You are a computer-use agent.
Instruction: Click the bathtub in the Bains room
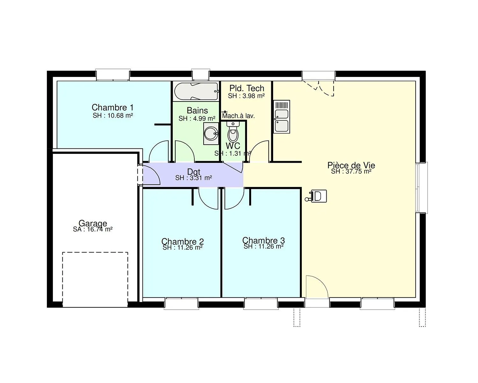(196, 92)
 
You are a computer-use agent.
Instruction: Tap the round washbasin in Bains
(211, 133)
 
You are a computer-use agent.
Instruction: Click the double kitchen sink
(282, 116)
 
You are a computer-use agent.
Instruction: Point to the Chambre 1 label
(112, 108)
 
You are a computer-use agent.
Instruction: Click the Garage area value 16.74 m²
(100, 229)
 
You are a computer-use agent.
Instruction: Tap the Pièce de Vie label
(351, 165)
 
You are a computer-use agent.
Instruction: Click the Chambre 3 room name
(264, 240)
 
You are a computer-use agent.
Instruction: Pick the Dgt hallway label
(194, 172)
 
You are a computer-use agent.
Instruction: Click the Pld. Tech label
(247, 88)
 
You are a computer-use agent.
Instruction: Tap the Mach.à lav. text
(238, 116)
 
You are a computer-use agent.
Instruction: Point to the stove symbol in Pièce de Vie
(316, 196)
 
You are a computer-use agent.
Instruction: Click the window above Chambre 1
(113, 75)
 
